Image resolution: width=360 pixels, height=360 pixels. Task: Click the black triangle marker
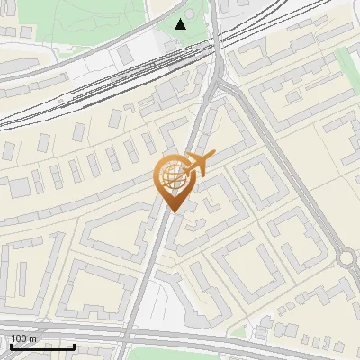(181, 24)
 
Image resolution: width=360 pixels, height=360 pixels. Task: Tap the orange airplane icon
(200, 165)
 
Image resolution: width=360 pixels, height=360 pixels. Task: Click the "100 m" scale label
(23, 337)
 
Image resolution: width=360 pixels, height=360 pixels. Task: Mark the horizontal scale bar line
(42, 346)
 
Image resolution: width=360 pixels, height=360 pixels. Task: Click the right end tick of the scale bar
(75, 345)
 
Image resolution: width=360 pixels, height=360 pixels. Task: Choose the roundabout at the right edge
(347, 259)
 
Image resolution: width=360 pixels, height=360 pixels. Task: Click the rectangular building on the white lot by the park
(125, 56)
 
